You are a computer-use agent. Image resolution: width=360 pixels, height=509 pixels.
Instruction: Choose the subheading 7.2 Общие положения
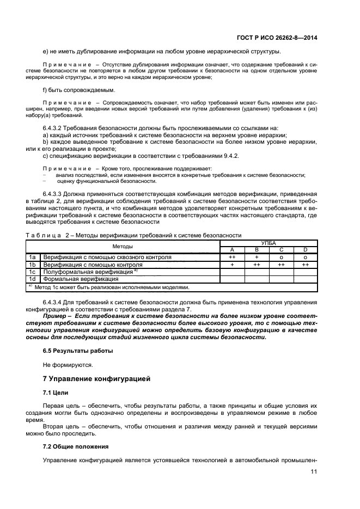76,446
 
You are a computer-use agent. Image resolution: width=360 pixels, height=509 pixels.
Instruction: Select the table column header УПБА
269,243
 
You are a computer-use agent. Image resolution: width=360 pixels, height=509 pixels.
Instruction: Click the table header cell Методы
123,247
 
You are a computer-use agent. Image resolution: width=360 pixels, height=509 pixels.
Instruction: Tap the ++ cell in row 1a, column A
232,257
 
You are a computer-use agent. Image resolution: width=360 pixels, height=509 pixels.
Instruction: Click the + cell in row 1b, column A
232,264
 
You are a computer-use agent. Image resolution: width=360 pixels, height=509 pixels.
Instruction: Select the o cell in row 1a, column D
306,257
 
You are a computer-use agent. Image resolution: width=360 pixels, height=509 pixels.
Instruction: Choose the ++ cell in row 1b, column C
281,264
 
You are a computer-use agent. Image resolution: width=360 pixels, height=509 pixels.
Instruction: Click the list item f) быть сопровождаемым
78,90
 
